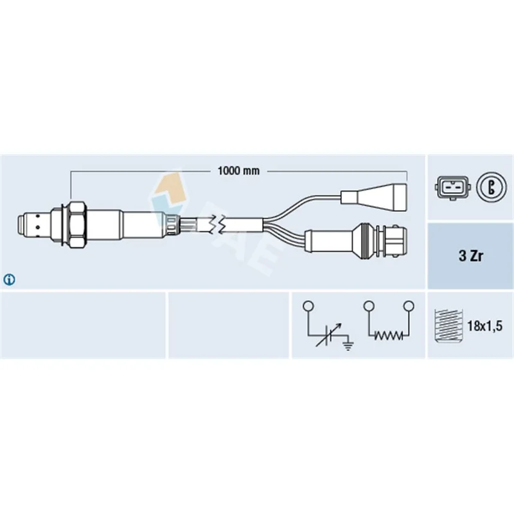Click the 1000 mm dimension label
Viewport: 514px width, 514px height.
238,170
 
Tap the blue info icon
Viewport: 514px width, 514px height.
9,279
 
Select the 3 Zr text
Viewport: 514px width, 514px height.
471,256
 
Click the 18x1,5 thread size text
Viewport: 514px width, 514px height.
484,326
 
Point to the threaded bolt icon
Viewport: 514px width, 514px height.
448,326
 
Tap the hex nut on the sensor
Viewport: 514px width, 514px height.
77,224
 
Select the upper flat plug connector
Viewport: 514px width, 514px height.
374,197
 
